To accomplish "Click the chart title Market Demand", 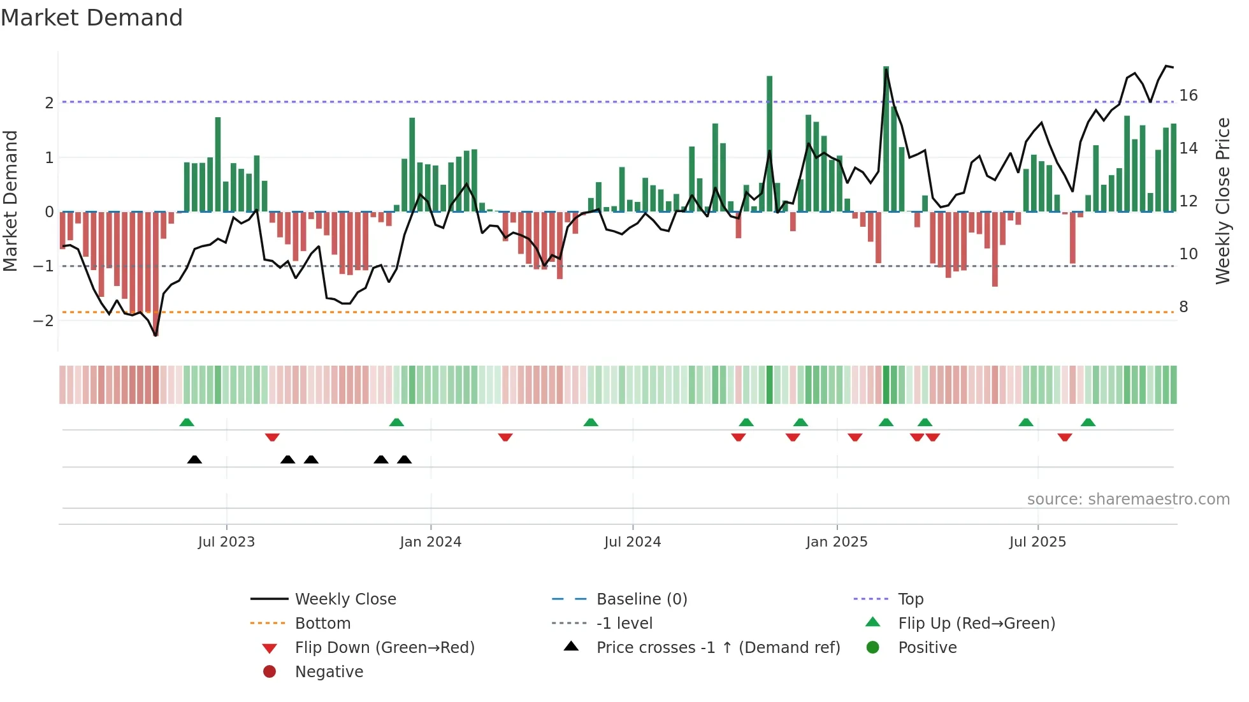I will [92, 18].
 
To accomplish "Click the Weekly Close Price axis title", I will [1222, 201].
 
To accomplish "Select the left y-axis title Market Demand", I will [10, 201].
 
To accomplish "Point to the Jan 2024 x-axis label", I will [430, 542].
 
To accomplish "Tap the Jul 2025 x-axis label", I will [1037, 542].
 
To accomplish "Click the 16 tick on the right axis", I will [1188, 96].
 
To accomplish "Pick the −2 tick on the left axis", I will [43, 320].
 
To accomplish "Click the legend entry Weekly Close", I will [345, 599].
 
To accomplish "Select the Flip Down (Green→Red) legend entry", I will [384, 648].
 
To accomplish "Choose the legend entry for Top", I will [910, 599].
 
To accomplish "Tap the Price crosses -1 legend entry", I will [718, 648].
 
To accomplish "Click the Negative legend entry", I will [329, 672].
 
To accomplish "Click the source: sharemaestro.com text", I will [1128, 499].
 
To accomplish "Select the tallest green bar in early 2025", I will [886, 139].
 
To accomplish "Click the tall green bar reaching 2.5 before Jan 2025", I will [769, 143].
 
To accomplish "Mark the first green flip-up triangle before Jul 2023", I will [187, 422].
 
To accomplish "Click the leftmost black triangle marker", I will [194, 459].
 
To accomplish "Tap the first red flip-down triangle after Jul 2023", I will [272, 437].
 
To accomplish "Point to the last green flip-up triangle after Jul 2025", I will [1088, 422].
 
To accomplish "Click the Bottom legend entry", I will [322, 624].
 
